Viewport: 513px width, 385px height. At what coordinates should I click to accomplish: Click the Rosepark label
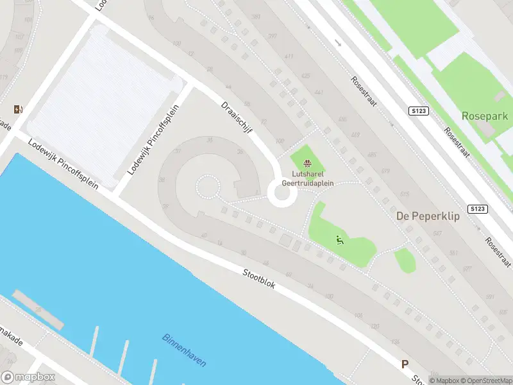484,116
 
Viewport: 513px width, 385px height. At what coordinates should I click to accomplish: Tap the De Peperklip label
428,216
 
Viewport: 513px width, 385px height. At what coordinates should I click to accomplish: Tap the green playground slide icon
339,241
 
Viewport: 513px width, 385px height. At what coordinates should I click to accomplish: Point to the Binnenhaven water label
184,350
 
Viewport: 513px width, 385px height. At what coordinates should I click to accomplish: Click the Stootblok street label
259,278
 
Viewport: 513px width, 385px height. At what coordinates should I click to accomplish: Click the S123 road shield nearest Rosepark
418,111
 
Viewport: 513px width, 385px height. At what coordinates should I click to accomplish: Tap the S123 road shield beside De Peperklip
477,209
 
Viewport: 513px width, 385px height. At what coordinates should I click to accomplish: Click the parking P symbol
405,364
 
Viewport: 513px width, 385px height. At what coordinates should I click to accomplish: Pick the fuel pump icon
18,109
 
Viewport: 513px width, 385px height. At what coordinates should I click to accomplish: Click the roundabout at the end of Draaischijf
282,193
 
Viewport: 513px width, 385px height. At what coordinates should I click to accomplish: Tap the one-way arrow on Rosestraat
339,43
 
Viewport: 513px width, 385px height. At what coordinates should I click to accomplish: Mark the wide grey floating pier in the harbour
38,308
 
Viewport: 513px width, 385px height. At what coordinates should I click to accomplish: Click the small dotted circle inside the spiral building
206,187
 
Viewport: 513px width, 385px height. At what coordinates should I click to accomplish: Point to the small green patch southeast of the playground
404,260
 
